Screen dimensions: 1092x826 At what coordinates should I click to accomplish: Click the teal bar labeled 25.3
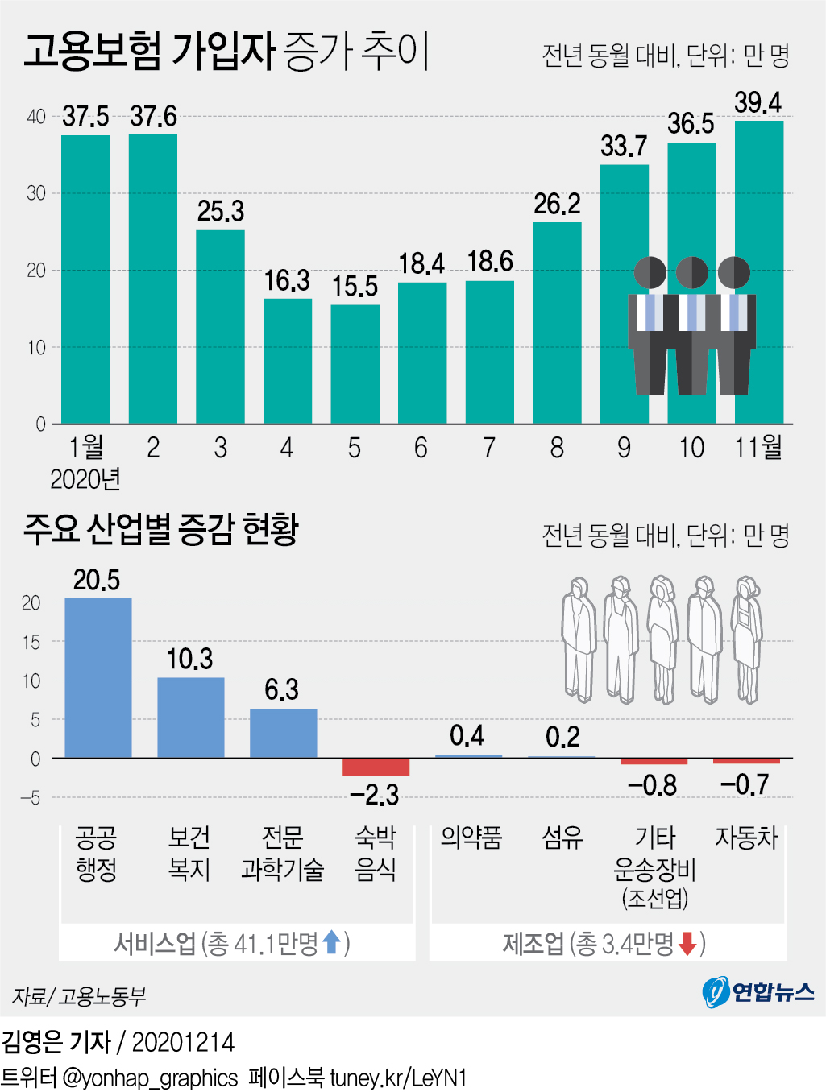(220, 326)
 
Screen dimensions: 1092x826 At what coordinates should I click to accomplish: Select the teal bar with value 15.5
(355, 364)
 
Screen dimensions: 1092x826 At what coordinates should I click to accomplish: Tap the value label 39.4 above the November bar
(758, 103)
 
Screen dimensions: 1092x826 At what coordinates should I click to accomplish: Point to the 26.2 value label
(557, 205)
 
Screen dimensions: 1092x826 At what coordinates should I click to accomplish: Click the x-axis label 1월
(86, 447)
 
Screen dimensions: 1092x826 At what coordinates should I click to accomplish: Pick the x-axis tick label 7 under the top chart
(489, 448)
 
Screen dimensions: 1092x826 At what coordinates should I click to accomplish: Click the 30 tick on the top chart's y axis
(36, 193)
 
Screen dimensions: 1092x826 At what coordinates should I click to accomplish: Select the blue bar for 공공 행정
(98, 678)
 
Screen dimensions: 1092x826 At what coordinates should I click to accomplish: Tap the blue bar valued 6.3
(283, 733)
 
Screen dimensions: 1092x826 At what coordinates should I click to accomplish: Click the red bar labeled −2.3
(376, 767)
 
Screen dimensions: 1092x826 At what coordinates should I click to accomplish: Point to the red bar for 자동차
(746, 761)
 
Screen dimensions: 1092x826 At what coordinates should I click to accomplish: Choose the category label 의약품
(471, 838)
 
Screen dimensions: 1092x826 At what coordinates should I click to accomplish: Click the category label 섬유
(562, 838)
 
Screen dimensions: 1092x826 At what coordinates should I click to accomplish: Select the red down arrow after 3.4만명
(687, 943)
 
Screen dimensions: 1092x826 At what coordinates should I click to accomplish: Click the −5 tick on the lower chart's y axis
(31, 798)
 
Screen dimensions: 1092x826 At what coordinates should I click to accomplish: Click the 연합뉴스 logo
(758, 991)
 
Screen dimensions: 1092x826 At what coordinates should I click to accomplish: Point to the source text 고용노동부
(102, 997)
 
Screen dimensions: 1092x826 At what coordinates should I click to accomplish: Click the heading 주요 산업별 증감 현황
(161, 529)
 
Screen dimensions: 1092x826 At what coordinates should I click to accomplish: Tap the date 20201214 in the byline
(183, 1043)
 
